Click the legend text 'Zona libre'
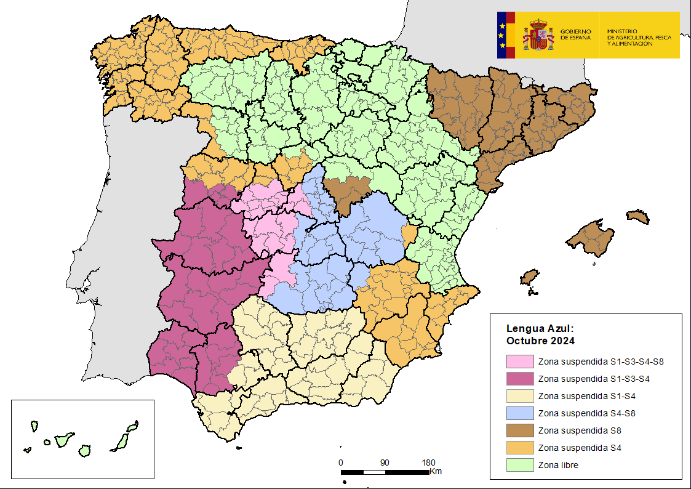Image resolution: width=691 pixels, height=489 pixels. (x=557, y=465)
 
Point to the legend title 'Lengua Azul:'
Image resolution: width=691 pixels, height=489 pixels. (x=540, y=329)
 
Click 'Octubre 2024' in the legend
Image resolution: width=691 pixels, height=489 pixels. (x=540, y=340)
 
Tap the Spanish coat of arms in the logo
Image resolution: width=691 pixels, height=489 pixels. (x=538, y=35)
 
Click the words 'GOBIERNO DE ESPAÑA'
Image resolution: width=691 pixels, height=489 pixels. (x=575, y=34)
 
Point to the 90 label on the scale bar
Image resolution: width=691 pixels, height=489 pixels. (x=385, y=463)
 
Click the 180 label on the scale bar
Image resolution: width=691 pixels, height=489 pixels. (x=428, y=463)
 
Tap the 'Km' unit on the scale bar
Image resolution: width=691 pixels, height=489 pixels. (x=436, y=472)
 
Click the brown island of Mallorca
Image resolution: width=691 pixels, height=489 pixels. (x=592, y=238)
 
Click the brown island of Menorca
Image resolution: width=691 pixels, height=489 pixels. (x=638, y=216)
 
